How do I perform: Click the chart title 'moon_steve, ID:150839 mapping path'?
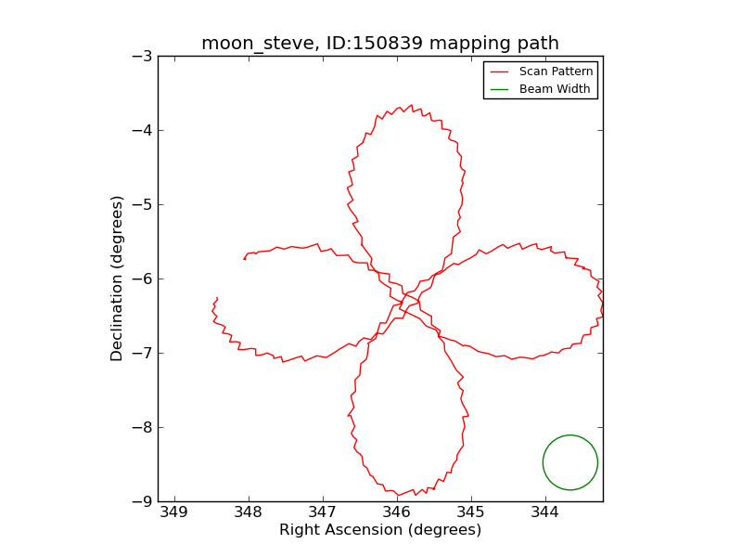coord(380,43)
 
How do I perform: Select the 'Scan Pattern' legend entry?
coord(556,71)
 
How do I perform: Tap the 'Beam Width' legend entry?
coord(555,89)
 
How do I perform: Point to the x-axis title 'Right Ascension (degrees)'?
coord(380,530)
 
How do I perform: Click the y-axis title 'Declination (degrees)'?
coord(118,278)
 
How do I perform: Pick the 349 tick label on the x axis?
coord(174,513)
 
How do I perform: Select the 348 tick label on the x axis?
coord(249,513)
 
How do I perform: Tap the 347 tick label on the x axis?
coord(323,513)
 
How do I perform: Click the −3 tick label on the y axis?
coord(142,56)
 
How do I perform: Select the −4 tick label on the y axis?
coord(142,130)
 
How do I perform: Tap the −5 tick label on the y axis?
coord(142,204)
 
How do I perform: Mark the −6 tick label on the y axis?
coord(142,278)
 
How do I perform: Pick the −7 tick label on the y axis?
coord(142,353)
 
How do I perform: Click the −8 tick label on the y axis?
coord(142,427)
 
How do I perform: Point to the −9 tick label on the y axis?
coord(142,501)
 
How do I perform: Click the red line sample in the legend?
coord(500,71)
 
